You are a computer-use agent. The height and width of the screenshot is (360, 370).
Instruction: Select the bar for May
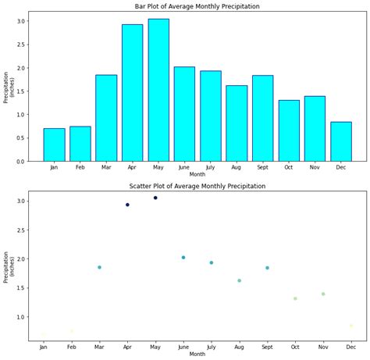(158, 90)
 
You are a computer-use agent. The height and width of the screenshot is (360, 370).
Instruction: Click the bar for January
(54, 144)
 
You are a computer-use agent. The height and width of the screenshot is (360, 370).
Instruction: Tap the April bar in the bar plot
(132, 92)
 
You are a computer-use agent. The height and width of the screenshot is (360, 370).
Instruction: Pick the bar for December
(341, 141)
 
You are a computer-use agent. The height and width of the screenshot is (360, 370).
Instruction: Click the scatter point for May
(155, 198)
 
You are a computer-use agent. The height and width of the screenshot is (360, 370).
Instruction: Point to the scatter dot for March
(99, 267)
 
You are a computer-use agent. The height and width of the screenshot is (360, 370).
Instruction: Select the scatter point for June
(183, 257)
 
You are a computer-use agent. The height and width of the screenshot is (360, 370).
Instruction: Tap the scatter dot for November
(323, 294)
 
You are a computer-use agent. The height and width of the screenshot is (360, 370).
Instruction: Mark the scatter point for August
(239, 280)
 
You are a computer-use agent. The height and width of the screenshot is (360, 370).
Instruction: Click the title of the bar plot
(197, 6)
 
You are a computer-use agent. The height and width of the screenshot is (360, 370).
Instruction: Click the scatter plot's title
(197, 186)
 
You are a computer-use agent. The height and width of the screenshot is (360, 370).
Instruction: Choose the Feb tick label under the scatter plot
(72, 346)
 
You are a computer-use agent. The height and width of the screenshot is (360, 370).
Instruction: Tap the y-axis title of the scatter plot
(9, 267)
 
